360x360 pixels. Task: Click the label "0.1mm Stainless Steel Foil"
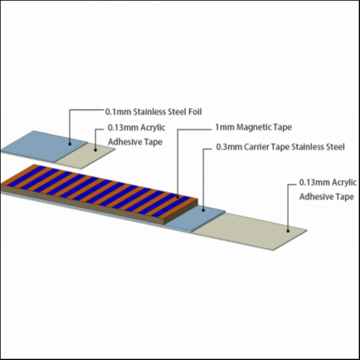click(153, 112)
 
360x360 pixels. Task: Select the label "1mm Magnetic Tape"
click(253, 127)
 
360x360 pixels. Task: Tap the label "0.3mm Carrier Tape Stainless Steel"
click(280, 147)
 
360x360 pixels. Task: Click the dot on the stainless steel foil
click(70, 144)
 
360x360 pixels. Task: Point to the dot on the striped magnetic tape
click(177, 197)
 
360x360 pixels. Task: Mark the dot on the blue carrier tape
click(203, 210)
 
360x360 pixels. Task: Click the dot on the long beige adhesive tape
click(288, 231)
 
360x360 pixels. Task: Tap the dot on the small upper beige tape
click(96, 150)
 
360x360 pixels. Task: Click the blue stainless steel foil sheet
click(45, 146)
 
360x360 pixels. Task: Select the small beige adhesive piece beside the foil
click(85, 156)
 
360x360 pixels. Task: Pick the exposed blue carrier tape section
click(195, 219)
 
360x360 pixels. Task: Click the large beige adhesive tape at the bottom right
click(249, 232)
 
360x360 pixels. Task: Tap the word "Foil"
click(195, 112)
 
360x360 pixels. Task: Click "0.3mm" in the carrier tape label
click(229, 147)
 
